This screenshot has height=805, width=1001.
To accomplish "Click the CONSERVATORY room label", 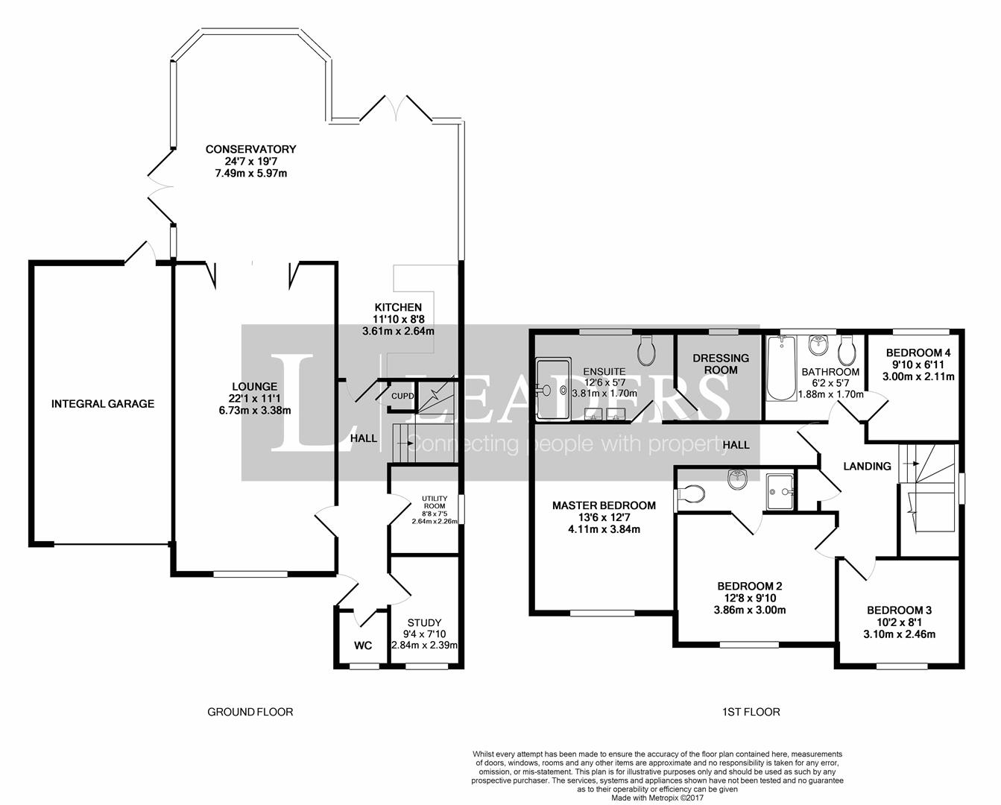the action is click(250, 149).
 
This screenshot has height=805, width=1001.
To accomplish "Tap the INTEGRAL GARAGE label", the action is click(103, 403).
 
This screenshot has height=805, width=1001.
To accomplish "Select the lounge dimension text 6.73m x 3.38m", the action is click(254, 411).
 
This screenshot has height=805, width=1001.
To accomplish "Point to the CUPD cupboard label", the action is click(402, 396).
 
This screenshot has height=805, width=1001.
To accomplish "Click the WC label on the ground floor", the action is click(363, 645).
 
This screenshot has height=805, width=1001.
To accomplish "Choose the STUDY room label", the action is click(424, 622).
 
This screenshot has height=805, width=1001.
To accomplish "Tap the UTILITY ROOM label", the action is click(435, 502).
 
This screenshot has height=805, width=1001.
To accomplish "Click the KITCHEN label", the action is click(398, 307).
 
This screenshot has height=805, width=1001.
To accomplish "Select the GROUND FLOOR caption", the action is click(250, 712).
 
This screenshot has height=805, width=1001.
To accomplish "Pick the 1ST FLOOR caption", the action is click(751, 712).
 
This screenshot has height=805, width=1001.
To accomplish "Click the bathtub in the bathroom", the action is click(781, 368).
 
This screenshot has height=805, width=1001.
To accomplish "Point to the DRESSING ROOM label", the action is click(721, 364).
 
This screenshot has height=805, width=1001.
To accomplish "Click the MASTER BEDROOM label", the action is click(604, 505).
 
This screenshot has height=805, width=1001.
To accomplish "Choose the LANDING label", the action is click(868, 466).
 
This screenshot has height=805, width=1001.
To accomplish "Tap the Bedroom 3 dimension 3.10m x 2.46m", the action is click(899, 634).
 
